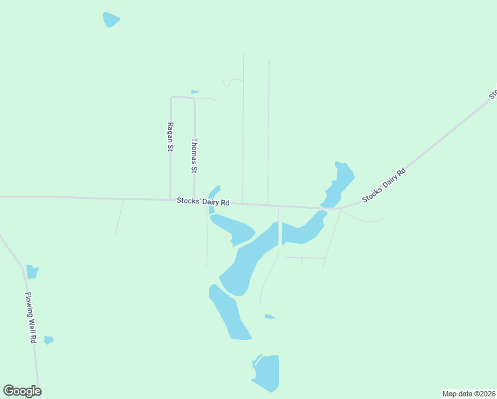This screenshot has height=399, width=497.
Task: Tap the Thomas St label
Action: pos(195,155)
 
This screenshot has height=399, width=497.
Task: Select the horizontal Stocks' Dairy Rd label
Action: pos(203,201)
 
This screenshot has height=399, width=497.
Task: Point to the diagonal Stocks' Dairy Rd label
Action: pos(383,186)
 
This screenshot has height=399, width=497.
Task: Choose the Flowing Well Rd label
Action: pos(30,317)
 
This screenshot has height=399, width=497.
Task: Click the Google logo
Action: pos(22,391)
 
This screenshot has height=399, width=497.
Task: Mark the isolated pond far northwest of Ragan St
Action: pos(111,19)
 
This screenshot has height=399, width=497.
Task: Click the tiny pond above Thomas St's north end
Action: pos(195,92)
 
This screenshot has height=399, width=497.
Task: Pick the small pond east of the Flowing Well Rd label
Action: pos(49,340)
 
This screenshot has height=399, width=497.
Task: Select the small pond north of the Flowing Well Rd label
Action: pos(32,271)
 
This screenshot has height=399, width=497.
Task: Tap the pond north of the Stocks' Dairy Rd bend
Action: pos(340,184)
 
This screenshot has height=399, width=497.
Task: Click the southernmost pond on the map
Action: pos(267,372)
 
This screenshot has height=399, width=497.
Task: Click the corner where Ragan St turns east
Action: pos(171,98)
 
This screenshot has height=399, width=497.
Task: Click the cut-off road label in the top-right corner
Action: pos(493,94)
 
